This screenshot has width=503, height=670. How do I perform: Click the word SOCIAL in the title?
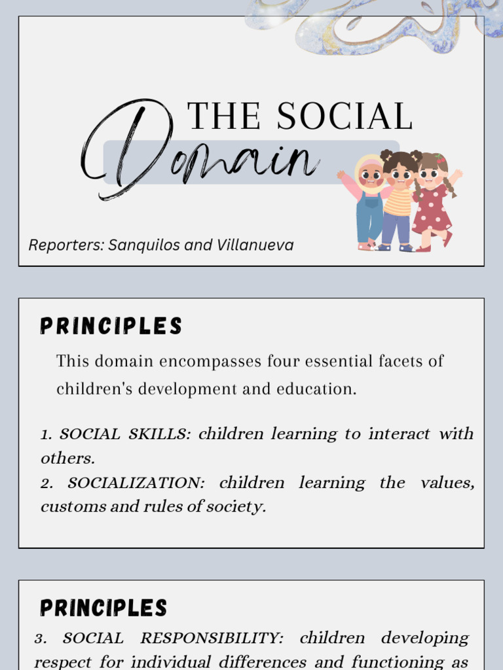click(x=345, y=116)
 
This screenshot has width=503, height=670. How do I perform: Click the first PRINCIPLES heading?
click(x=111, y=326)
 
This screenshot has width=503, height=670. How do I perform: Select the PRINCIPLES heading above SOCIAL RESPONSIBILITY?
click(x=103, y=608)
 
